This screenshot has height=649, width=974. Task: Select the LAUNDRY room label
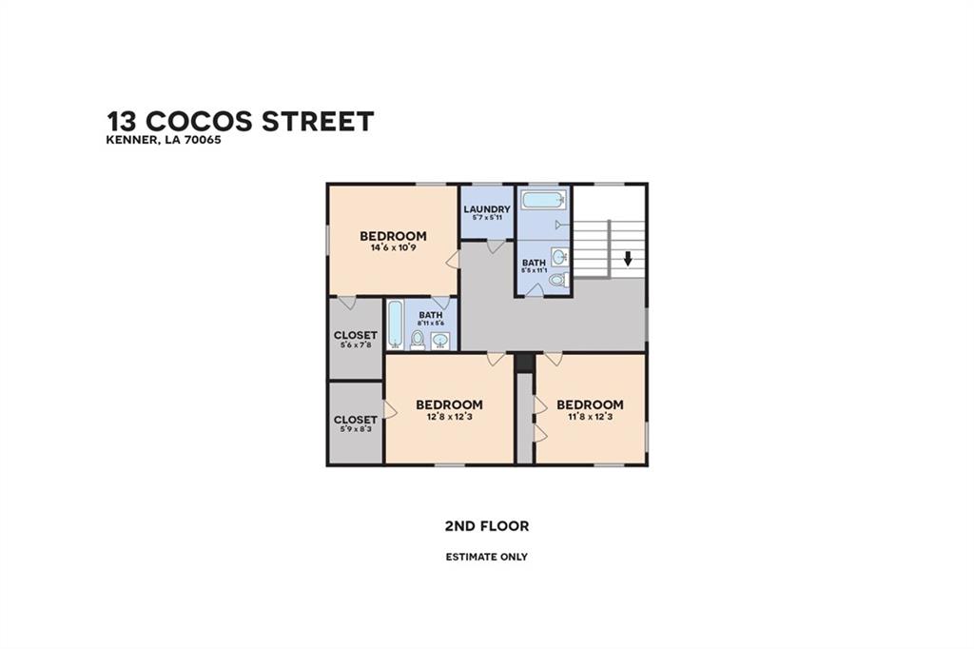point(487,209)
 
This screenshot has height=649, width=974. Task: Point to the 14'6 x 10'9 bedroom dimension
point(393,247)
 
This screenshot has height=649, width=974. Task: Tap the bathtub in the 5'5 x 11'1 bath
point(543,200)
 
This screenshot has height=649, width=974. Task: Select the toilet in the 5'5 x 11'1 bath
point(559,280)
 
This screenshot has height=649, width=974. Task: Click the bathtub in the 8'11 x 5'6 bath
point(396,324)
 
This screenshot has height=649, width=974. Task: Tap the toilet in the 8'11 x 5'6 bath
point(419,340)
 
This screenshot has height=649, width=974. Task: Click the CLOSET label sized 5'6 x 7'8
point(356,335)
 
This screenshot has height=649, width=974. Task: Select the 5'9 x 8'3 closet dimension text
point(356,429)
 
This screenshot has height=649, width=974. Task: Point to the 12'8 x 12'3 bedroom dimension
point(450,417)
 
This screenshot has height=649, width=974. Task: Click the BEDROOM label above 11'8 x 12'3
point(590,404)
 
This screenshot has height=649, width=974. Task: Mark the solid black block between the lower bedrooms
point(525,363)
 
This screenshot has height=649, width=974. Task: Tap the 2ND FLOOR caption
point(487,526)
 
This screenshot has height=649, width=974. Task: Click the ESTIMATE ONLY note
point(487,557)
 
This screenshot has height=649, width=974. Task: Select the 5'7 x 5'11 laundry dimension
point(487,218)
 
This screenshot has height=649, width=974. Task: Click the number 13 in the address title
point(122,121)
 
